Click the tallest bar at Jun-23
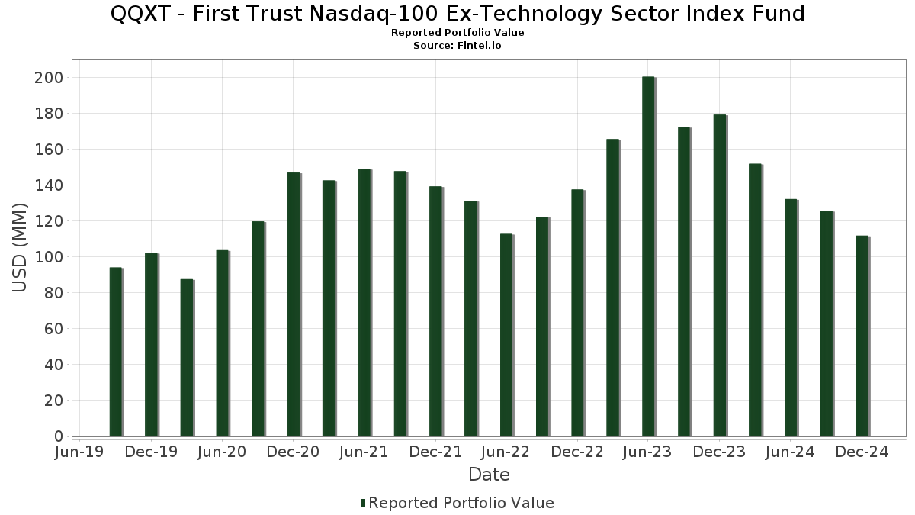648,256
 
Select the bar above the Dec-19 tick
151,345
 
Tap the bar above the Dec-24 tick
862,336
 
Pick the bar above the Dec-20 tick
294,304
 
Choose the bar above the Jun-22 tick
506,335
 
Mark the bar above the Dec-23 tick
720,275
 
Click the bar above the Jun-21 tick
364,302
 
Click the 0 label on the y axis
59,436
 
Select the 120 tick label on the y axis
49,221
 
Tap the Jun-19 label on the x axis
79,452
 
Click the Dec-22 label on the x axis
577,452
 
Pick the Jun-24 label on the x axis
790,452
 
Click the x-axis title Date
489,475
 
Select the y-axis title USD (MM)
20,248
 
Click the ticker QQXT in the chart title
140,14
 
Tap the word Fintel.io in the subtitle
479,45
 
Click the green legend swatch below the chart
363,503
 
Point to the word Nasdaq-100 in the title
374,14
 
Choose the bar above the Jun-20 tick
223,343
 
